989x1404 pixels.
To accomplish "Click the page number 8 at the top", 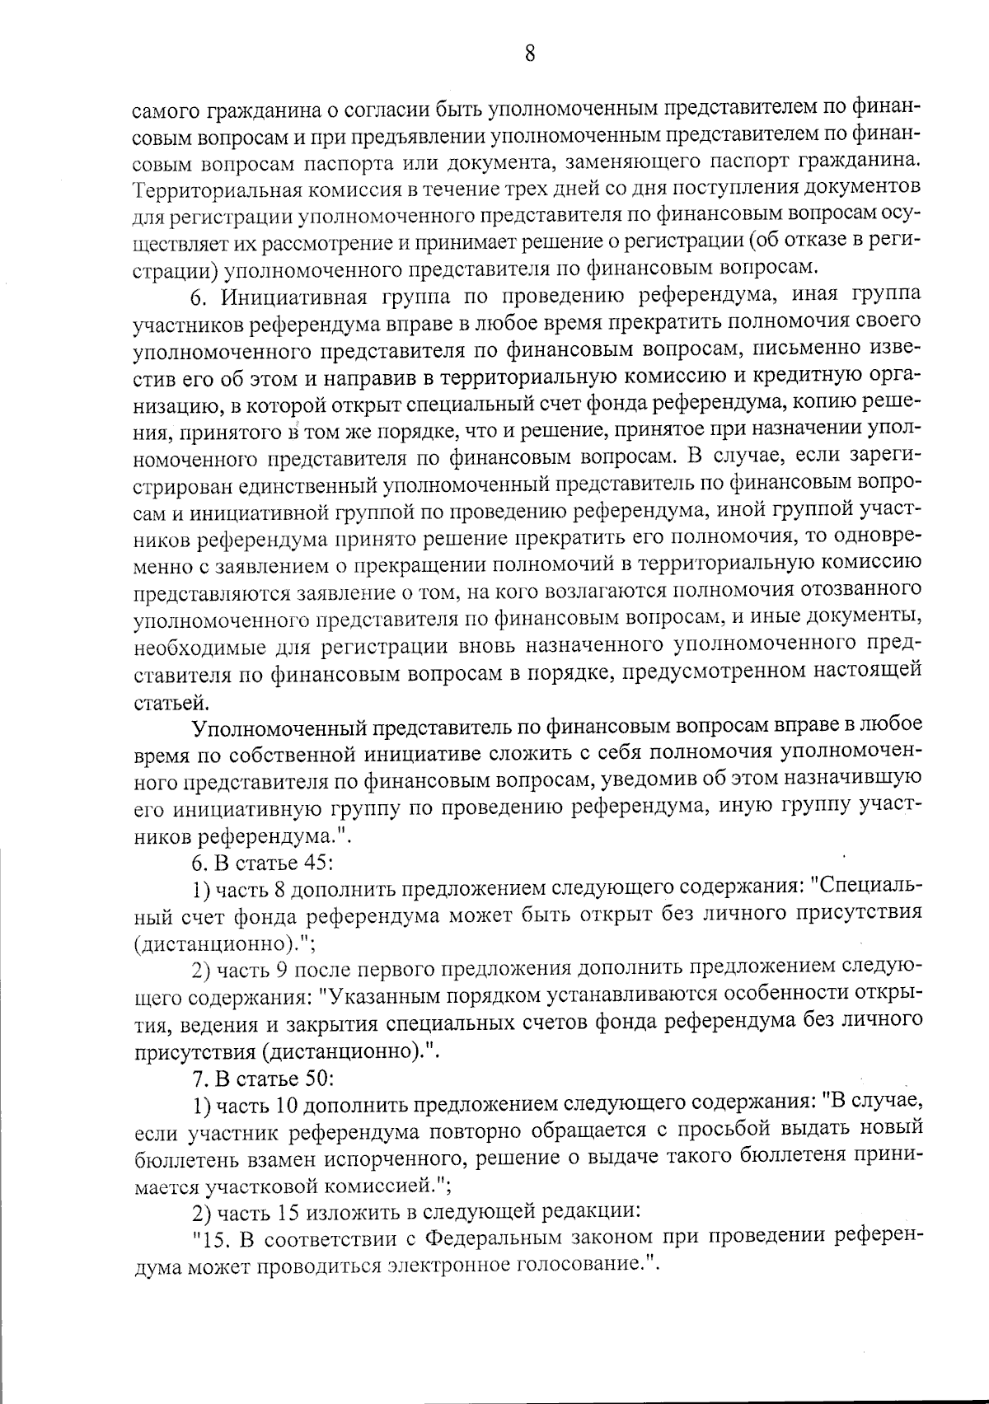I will pos(529,54).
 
